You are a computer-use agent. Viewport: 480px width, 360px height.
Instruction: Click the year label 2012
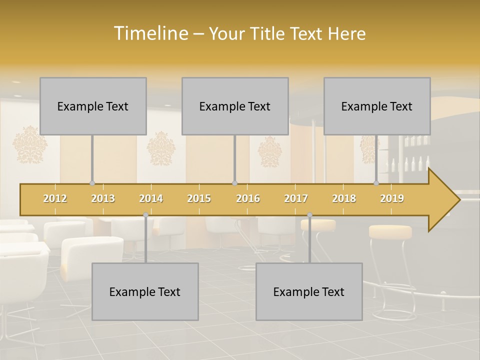pyautogui.click(x=55, y=198)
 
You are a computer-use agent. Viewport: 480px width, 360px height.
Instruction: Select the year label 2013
pyautogui.click(x=103, y=198)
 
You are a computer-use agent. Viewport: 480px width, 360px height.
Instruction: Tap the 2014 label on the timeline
pyautogui.click(x=151, y=198)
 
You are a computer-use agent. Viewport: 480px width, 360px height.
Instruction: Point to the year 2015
pyautogui.click(x=199, y=198)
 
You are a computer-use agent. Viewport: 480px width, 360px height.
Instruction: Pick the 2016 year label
pyautogui.click(x=248, y=198)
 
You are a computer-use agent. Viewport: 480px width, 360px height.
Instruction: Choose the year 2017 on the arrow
pyautogui.click(x=296, y=198)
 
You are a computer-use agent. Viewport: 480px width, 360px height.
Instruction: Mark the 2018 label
pyautogui.click(x=344, y=198)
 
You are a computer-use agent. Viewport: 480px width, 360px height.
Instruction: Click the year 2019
pyautogui.click(x=392, y=198)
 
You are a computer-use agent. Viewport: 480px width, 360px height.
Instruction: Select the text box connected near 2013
pyautogui.click(x=93, y=106)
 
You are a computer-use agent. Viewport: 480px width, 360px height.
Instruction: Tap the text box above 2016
pyautogui.click(x=235, y=106)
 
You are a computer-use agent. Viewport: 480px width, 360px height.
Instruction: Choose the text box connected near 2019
pyautogui.click(x=377, y=106)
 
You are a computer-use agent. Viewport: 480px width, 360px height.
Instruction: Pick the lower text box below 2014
pyautogui.click(x=145, y=291)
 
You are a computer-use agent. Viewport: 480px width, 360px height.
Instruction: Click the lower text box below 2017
pyautogui.click(x=309, y=291)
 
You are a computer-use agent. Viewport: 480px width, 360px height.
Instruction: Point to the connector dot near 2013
pyautogui.click(x=92, y=183)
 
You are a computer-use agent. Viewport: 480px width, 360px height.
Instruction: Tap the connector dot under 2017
pyautogui.click(x=309, y=215)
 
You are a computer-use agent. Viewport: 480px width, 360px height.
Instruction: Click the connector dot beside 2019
pyautogui.click(x=376, y=183)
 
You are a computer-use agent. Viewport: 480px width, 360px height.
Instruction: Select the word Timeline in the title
pyautogui.click(x=150, y=33)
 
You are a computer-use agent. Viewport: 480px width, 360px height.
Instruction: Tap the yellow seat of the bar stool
pyautogui.click(x=390, y=231)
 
